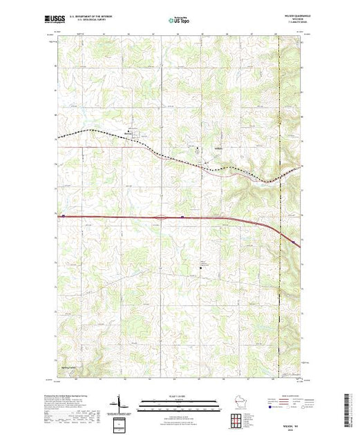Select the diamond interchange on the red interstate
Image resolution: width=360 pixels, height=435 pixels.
pos(160,217)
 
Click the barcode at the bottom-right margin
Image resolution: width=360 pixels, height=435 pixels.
pos(350,407)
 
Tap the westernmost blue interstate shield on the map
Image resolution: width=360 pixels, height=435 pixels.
pos(64,216)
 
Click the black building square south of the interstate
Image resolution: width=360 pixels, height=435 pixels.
pos(204,261)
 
